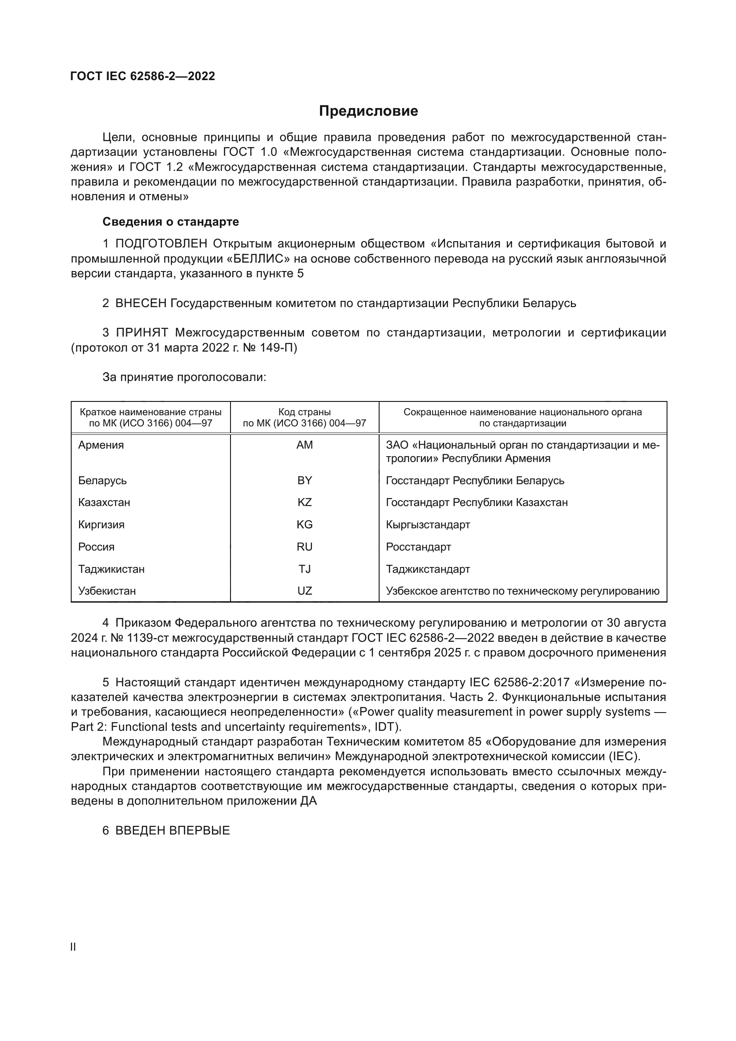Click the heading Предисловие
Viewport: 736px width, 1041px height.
tap(368, 111)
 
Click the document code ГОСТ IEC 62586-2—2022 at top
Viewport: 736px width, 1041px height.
tap(143, 76)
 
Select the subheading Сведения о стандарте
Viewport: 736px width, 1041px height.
tap(170, 222)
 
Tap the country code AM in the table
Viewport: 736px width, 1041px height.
tap(304, 445)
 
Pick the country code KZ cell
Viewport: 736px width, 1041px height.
tap(304, 502)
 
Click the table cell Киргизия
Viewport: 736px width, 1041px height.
tap(101, 525)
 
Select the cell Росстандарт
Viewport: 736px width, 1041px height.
tap(418, 547)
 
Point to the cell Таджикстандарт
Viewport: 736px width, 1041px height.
tap(428, 569)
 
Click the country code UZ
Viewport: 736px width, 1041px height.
tap(304, 591)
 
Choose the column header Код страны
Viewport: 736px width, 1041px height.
tap(304, 412)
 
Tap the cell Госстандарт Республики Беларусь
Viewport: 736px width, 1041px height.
tap(475, 481)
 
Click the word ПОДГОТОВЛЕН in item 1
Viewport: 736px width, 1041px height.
tap(162, 244)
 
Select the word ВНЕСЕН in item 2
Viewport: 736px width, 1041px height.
tap(141, 304)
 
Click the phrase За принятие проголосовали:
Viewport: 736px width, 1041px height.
tap(184, 377)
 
